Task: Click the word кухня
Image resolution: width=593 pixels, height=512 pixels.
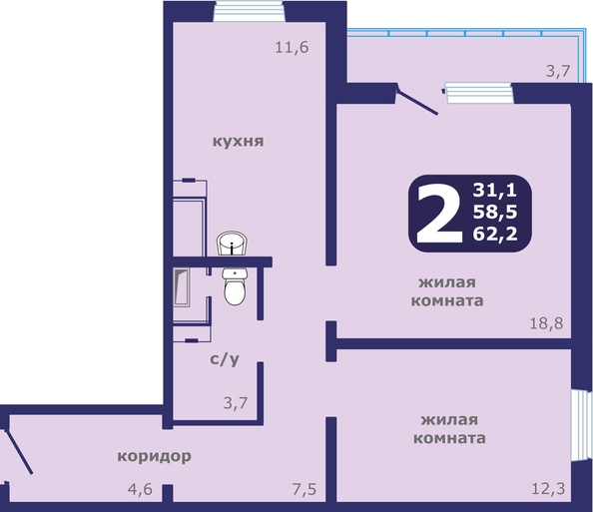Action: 238,142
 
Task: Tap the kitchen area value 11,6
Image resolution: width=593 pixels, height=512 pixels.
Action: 292,48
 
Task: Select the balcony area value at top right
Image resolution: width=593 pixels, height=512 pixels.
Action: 558,71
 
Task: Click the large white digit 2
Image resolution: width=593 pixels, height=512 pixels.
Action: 438,214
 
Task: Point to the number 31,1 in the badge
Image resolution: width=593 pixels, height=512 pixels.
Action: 495,190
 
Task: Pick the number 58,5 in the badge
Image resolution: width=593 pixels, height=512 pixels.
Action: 495,212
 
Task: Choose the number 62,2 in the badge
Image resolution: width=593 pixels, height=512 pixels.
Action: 495,235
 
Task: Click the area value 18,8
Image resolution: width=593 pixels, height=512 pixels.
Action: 546,323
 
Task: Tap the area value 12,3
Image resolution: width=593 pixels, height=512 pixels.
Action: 548,489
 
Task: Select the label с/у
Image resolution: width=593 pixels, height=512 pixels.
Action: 225,359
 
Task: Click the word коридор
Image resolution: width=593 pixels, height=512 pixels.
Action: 155,456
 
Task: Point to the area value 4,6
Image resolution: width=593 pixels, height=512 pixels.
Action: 140,489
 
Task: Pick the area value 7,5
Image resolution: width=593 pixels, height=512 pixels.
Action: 304,489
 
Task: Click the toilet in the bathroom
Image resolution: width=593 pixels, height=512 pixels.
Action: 235,286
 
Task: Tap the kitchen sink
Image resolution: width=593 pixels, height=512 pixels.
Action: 232,244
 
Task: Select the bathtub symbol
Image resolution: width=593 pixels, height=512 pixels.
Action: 182,287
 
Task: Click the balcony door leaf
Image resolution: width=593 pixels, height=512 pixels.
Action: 417,101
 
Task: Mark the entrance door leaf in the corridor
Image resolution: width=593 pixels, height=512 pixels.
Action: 19,451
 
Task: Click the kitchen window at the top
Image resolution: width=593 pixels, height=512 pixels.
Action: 249,11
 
